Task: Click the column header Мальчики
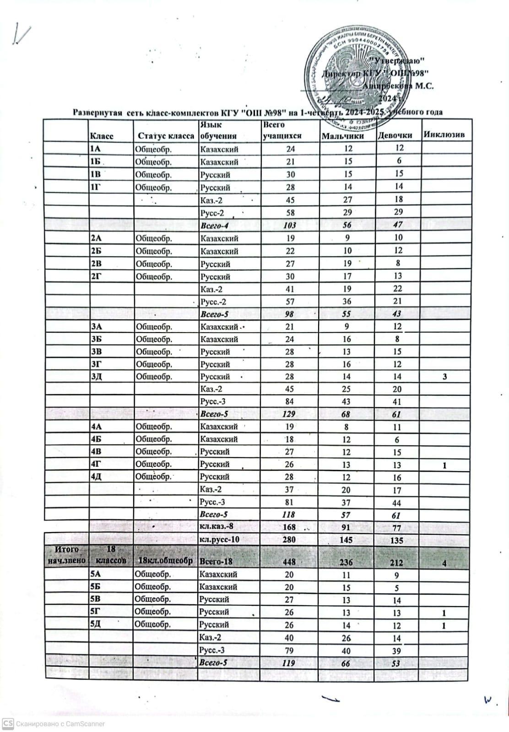(x=343, y=136)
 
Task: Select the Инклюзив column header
(x=444, y=135)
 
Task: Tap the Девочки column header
(x=395, y=135)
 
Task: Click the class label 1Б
(x=95, y=162)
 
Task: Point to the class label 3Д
(x=96, y=377)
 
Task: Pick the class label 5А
(x=96, y=574)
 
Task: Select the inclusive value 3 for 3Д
(x=444, y=377)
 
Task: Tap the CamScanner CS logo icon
(x=8, y=723)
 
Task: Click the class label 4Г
(x=96, y=464)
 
